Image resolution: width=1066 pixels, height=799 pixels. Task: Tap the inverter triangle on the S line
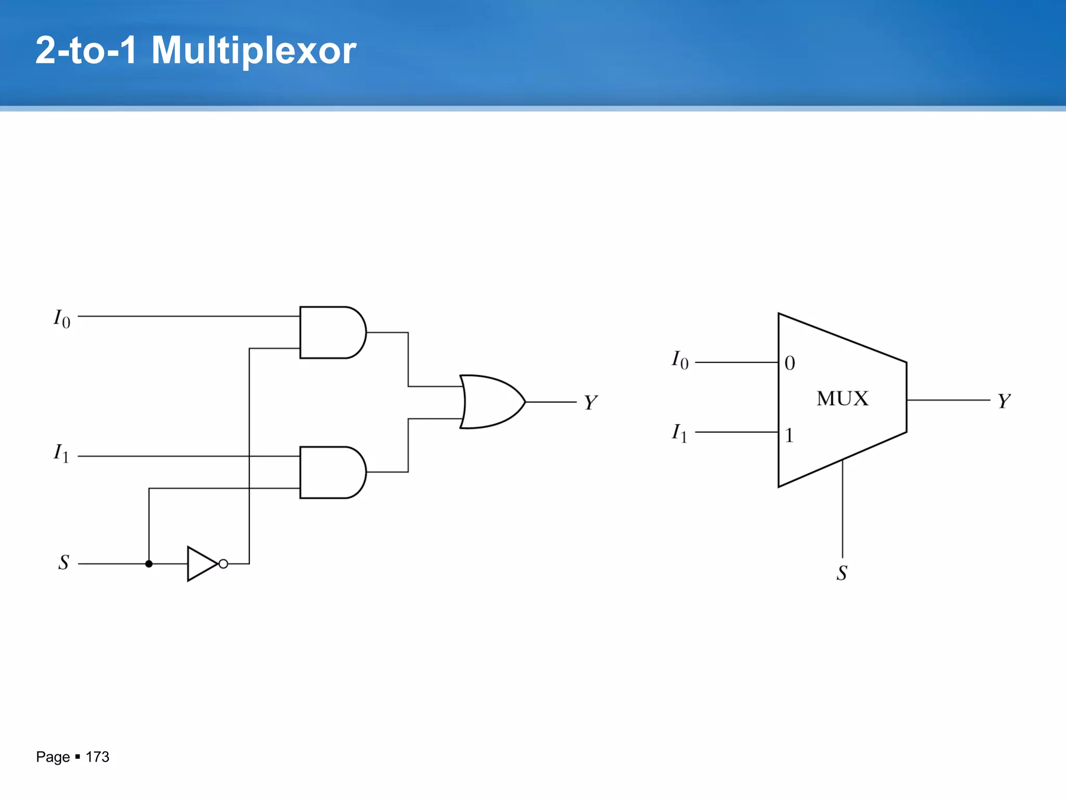click(201, 564)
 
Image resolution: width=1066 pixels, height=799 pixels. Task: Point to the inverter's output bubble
click(223, 564)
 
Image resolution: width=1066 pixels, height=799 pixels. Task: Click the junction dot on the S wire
click(149, 564)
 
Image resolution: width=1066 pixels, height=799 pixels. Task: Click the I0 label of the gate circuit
click(62, 318)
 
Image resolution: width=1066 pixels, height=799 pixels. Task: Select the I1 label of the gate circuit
click(61, 453)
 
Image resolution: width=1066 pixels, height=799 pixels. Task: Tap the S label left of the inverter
click(64, 562)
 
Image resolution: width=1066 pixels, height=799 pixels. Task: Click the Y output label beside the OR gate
click(590, 403)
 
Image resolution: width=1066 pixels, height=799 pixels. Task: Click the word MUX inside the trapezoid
click(842, 399)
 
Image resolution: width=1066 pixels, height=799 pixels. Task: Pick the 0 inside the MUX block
click(790, 363)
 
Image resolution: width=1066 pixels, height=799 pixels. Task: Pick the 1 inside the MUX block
click(789, 435)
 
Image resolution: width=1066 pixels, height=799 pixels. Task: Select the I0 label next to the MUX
click(680, 360)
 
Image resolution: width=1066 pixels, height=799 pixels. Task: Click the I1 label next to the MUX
click(679, 433)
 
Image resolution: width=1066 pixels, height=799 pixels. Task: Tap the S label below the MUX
click(842, 573)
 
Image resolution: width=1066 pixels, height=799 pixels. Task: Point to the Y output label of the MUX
click(1004, 401)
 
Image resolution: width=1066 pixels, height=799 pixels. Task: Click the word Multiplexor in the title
click(253, 50)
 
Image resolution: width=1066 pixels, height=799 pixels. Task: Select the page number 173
click(97, 757)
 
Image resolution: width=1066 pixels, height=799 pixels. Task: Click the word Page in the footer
click(53, 757)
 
